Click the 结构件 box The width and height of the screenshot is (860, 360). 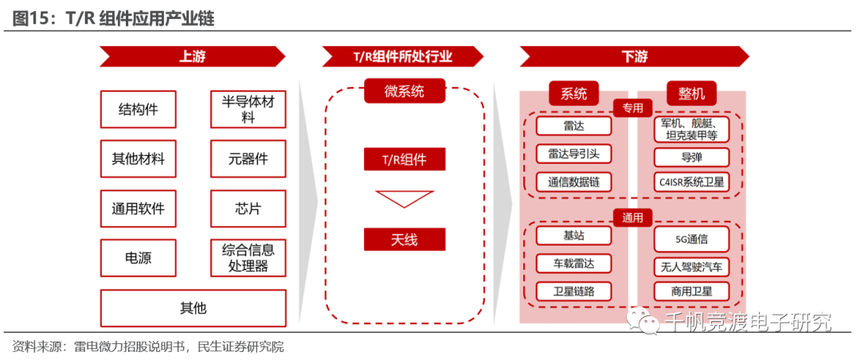coord(138,109)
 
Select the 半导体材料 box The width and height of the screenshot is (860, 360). coord(248,109)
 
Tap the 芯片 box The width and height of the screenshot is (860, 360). coord(248,209)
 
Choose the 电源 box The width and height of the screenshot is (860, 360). coord(138,258)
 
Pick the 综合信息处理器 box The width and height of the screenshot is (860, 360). coord(248,258)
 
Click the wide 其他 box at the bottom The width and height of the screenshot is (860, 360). coord(193,308)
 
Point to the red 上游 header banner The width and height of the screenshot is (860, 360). coord(192,57)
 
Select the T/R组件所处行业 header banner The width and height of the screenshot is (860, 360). coord(403,57)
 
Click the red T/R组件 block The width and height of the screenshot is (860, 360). coord(404,159)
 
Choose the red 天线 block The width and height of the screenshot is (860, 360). coord(404,239)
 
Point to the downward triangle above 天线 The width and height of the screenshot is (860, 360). coord(404,198)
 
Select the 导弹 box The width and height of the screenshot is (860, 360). coord(691,157)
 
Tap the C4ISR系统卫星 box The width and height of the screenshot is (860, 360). coord(691,182)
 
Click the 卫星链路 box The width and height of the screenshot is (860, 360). coord(573,291)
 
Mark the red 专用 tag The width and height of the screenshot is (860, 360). coord(632,108)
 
